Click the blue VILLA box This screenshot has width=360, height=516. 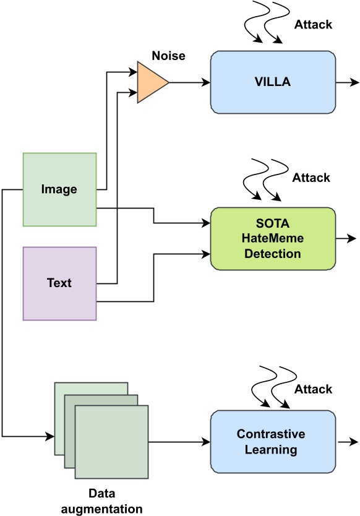coord(273,82)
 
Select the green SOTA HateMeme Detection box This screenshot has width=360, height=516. coord(273,239)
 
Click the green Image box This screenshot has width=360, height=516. coord(59,189)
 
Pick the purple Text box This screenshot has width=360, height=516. coord(59,283)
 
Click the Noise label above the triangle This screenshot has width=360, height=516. coord(168,56)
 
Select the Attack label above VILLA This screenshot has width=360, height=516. coord(313,25)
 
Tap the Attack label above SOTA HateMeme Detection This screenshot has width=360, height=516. coord(311,178)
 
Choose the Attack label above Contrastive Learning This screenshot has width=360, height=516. coord(313,389)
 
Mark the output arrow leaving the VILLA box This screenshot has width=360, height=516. coord(347,82)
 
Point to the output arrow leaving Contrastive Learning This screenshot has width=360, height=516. coord(347,442)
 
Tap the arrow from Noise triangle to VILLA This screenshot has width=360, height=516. coord(189,82)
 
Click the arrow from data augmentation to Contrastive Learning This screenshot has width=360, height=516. coord(179,442)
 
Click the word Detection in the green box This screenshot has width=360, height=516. coord(273,254)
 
